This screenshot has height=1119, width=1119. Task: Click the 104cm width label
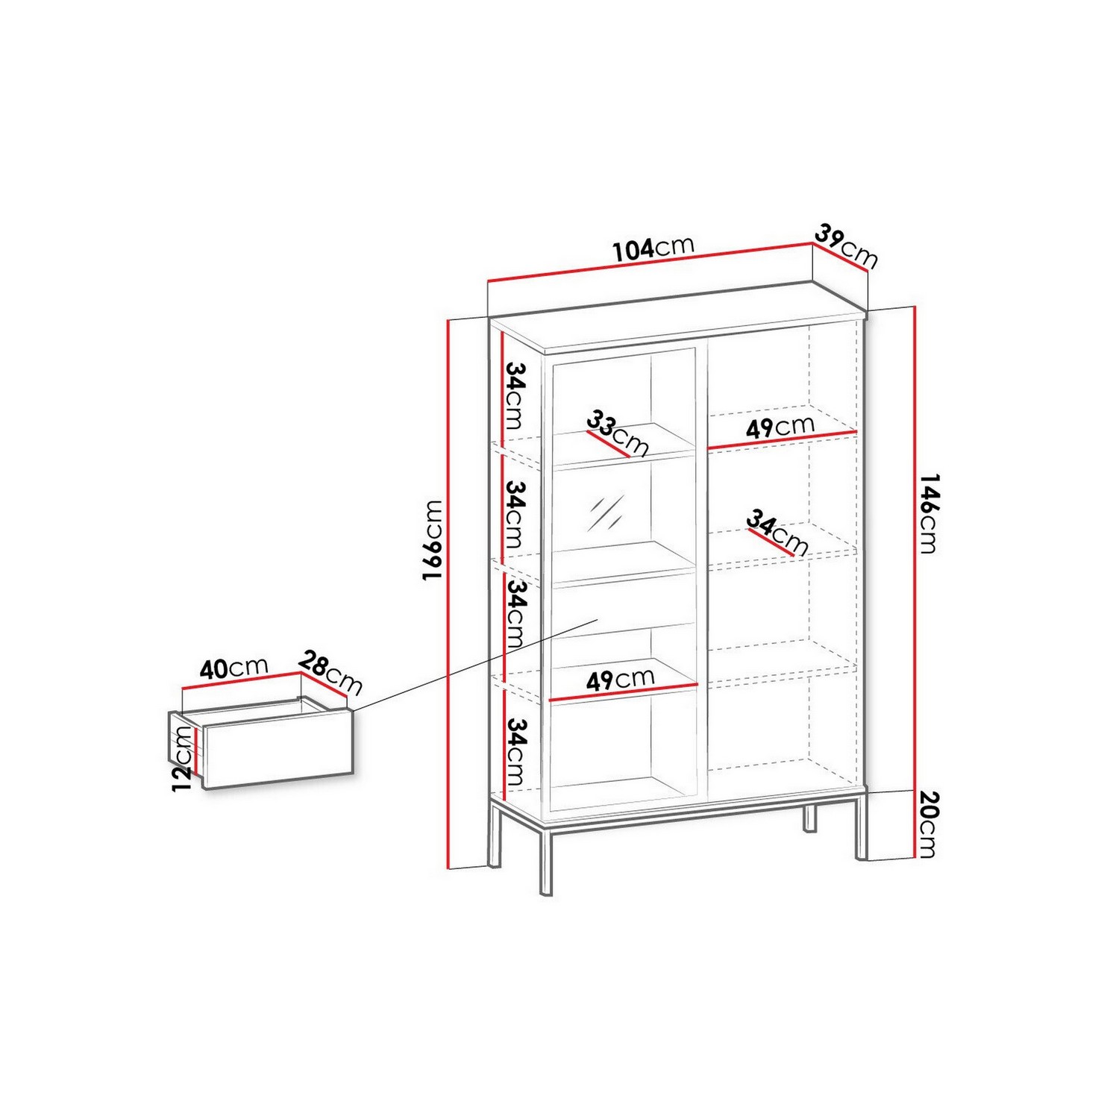(653, 248)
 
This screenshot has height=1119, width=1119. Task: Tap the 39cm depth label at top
(846, 245)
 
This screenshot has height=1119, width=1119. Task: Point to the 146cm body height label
(927, 513)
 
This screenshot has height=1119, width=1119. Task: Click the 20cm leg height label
(927, 824)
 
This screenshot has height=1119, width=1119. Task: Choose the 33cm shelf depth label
(618, 433)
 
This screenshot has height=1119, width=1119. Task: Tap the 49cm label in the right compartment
(780, 427)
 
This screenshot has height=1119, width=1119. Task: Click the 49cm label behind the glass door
(621, 679)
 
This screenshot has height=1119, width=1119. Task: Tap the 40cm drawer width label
(233, 667)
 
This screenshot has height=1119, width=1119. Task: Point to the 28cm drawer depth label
(330, 672)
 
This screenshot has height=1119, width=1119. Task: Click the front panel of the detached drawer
(278, 747)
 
